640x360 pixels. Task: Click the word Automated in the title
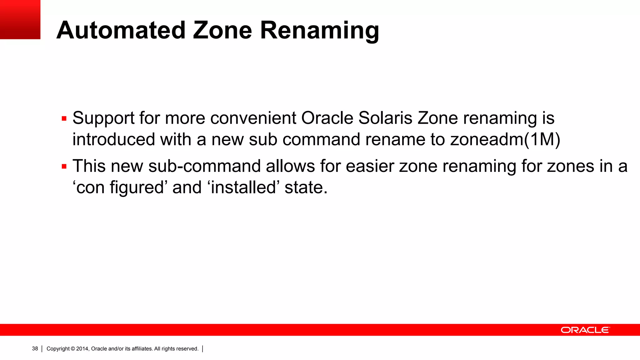pyautogui.click(x=121, y=30)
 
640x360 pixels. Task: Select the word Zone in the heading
pyautogui.click(x=222, y=30)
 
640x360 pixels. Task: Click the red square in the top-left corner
pyautogui.click(x=20, y=19)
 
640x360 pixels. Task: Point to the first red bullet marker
pyautogui.click(x=64, y=119)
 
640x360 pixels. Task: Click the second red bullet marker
pyautogui.click(x=64, y=167)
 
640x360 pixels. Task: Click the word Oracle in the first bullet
pyautogui.click(x=327, y=118)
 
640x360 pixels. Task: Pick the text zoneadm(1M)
pyautogui.click(x=505, y=139)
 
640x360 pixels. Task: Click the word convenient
pyautogui.click(x=253, y=118)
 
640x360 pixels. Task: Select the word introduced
pyautogui.click(x=114, y=139)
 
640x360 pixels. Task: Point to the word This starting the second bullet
pyautogui.click(x=89, y=166)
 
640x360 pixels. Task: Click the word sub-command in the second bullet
pyautogui.click(x=204, y=166)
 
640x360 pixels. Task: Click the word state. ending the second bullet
pyautogui.click(x=306, y=187)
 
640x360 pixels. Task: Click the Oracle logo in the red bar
pyautogui.click(x=585, y=330)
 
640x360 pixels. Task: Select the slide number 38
pyautogui.click(x=35, y=349)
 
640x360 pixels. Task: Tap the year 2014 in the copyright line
pyautogui.click(x=82, y=349)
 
